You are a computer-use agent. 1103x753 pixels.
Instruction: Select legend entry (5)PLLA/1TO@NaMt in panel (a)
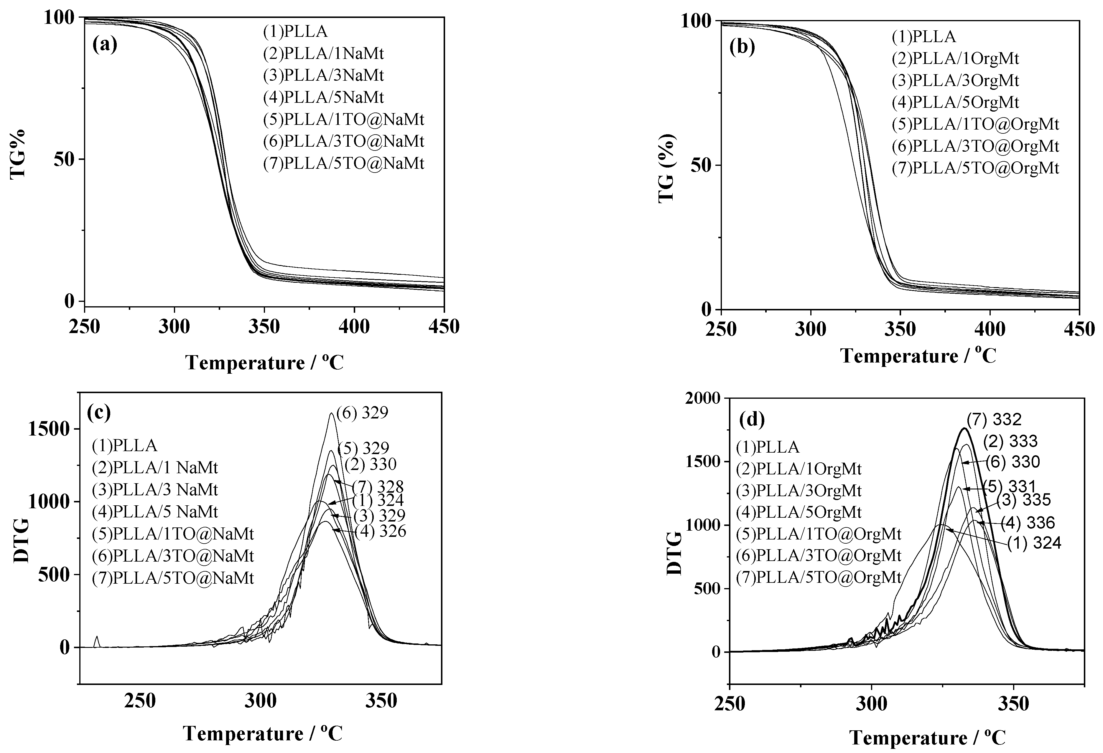tap(343, 120)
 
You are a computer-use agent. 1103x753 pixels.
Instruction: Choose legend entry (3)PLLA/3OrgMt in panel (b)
tap(955, 81)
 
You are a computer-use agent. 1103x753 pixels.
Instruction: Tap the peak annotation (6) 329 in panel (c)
tap(362, 413)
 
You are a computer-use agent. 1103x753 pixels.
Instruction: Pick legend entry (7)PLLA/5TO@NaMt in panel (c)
tap(173, 578)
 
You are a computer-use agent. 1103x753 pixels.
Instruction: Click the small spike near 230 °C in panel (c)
tap(97, 641)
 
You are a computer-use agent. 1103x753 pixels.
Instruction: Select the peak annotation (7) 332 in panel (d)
tap(994, 420)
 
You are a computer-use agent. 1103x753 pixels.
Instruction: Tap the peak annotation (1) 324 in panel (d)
tap(1034, 543)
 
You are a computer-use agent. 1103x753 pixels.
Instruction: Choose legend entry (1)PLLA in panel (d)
tap(768, 447)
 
